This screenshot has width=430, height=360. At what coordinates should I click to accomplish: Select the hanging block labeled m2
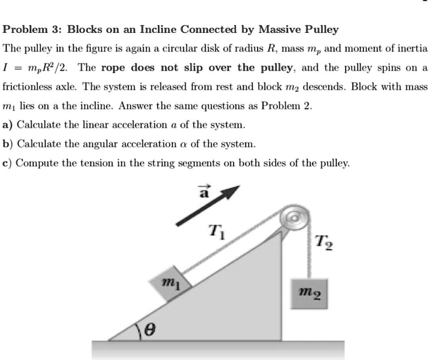click(x=310, y=293)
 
